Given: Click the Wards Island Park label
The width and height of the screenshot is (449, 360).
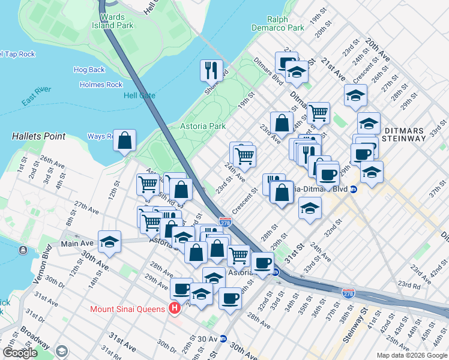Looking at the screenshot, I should pos(112,22).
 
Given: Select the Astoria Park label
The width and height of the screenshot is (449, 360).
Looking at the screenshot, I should pos(203,126).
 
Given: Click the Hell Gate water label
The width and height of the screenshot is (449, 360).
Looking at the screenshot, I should pos(139,95).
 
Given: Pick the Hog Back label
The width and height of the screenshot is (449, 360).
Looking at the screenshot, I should pos(89,70).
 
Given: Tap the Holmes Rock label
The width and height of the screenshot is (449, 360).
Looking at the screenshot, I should pos(101,85).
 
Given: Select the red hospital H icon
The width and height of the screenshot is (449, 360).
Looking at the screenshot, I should pos(175,309).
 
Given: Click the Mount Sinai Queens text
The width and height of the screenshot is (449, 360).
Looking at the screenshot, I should pos(127,310).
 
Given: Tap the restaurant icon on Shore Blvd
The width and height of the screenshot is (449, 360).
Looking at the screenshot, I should pos(211,71).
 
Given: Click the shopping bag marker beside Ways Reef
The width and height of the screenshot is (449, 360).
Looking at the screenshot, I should pos(124,141).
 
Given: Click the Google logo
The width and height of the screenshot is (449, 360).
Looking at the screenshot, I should pos(20,353).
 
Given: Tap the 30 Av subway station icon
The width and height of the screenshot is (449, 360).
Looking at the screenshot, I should pos(223,338).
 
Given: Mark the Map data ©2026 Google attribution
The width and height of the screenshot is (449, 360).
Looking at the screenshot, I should pos(411,355).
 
